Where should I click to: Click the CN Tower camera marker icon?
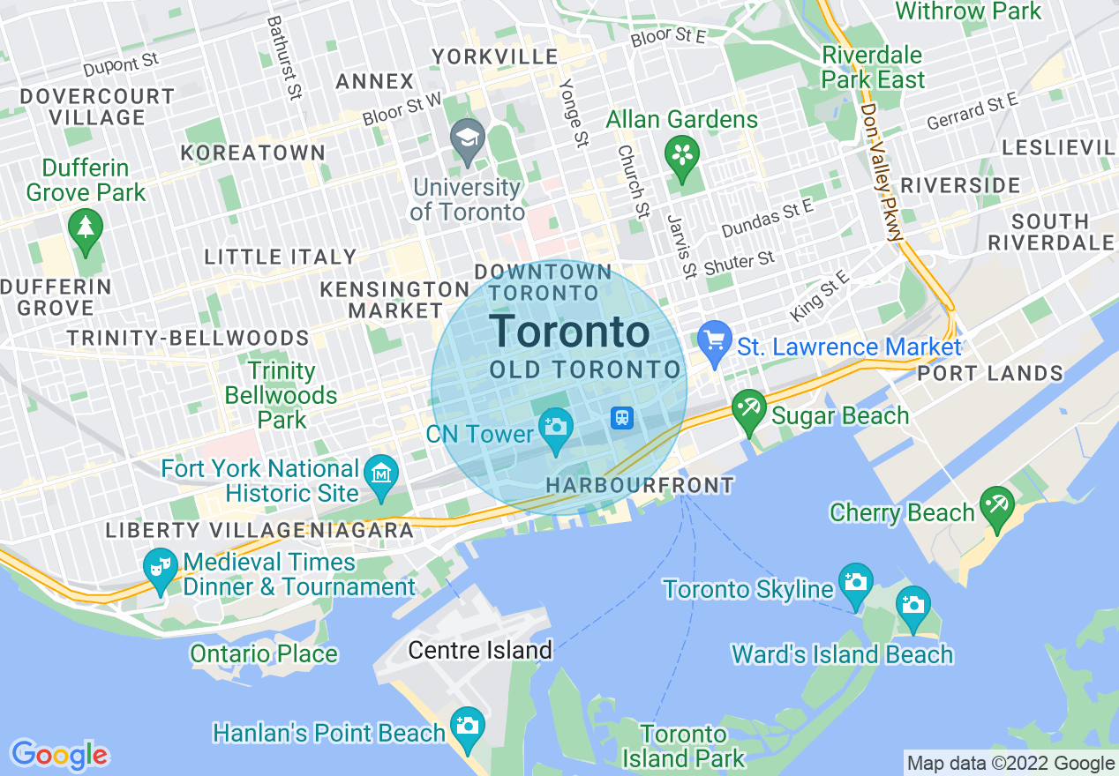(556, 427)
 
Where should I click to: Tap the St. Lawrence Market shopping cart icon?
(713, 339)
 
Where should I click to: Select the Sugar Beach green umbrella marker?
(749, 409)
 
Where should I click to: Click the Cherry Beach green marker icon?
(997, 506)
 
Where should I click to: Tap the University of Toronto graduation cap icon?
(467, 138)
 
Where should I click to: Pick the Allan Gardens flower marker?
(682, 154)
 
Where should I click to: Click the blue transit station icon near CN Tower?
(622, 418)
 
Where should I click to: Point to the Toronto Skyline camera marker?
(856, 582)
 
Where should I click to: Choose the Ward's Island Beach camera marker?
(912, 605)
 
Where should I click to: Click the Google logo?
(59, 755)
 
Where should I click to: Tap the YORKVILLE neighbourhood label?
(494, 57)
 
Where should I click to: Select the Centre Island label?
(480, 651)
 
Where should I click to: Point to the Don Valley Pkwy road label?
(882, 172)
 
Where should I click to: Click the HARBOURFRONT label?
(640, 485)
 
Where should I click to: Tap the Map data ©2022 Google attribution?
(1011, 764)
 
